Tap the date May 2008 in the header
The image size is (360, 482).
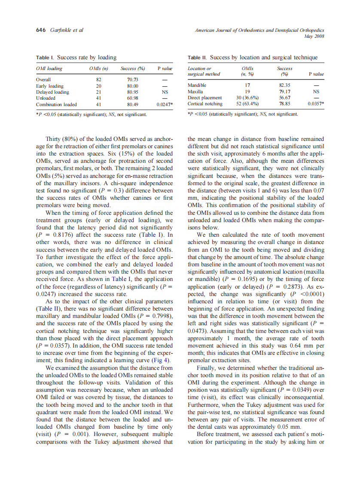pyautogui.click(x=314, y=36)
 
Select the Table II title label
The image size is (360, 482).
pyautogui.click(x=198, y=57)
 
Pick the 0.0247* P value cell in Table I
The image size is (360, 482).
pyautogui.click(x=165, y=104)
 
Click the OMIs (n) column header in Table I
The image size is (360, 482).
pyautogui.click(x=98, y=68)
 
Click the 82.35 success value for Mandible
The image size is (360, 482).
pyautogui.click(x=284, y=85)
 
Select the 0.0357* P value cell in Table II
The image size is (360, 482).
pyautogui.click(x=316, y=104)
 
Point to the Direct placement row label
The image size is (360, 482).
pyautogui.click(x=205, y=98)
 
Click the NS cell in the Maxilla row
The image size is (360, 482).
pyautogui.click(x=316, y=92)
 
